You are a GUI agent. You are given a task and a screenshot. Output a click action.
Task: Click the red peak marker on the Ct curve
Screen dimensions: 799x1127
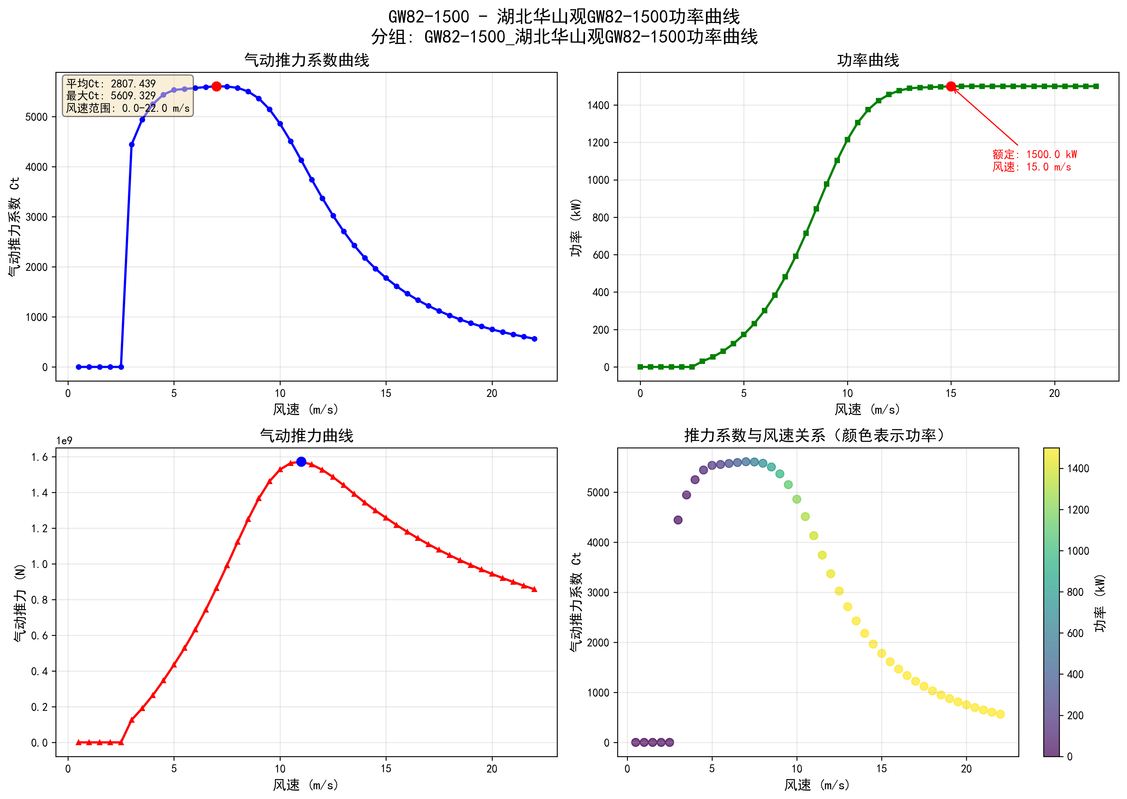(216, 87)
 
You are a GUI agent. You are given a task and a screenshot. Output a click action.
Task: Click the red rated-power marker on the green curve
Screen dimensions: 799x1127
(951, 87)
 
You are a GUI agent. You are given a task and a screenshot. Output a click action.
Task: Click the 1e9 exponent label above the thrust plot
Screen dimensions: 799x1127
(64, 441)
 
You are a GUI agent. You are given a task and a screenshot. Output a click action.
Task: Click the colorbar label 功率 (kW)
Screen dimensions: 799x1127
(1100, 603)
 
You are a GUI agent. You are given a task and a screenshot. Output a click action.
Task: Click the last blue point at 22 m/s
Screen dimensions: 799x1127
(534, 339)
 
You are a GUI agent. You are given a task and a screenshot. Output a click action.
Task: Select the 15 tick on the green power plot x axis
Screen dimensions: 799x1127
(951, 393)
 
